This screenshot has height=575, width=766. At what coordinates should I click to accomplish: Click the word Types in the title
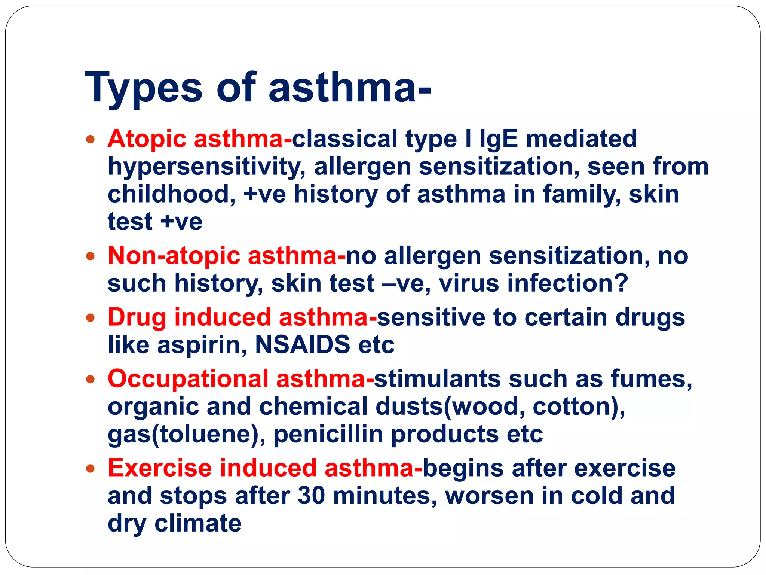pos(144,88)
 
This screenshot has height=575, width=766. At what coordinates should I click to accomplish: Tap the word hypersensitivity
pos(206,167)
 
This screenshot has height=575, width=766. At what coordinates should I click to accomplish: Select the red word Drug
pos(137,318)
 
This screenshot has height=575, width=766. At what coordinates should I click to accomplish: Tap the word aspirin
pos(202,345)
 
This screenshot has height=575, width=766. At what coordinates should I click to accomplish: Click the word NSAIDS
pos(302,345)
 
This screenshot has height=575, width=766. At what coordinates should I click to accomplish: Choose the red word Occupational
pos(188,379)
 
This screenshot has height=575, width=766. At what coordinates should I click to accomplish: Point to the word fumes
pos(651,379)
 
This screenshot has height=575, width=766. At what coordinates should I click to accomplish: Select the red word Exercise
pos(160,468)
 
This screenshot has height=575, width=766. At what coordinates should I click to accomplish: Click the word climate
pos(198,523)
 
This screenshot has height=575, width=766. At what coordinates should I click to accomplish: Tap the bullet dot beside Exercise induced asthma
pos(90,469)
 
